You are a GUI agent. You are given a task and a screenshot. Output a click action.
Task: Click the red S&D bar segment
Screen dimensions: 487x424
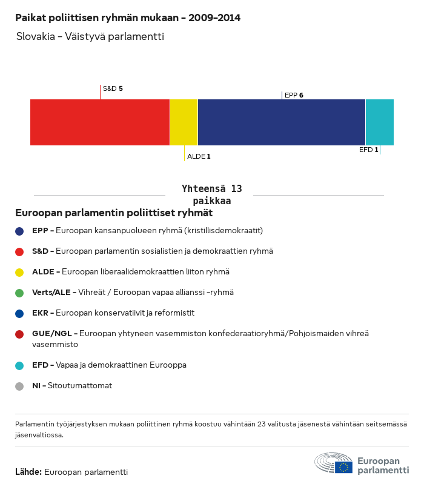tap(100, 122)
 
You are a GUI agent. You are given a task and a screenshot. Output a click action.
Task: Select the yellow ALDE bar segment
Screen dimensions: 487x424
tap(184, 122)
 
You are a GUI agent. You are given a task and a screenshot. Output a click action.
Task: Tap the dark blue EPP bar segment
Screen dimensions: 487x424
tap(282, 122)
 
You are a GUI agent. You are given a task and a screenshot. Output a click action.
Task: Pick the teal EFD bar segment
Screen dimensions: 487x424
tap(380, 122)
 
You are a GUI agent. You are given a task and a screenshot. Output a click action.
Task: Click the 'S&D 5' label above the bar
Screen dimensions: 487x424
tap(113, 88)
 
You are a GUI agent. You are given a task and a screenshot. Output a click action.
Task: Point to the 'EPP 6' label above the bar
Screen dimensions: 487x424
tap(294, 95)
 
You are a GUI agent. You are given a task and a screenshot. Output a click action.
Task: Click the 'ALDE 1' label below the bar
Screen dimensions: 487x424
tap(199, 156)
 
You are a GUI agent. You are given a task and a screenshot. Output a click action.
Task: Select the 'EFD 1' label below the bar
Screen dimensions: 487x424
tap(368, 150)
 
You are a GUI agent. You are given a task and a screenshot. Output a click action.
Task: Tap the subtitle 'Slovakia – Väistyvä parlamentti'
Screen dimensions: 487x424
tap(90, 36)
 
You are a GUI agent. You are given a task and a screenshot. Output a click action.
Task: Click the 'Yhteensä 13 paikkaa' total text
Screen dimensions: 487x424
tap(211, 195)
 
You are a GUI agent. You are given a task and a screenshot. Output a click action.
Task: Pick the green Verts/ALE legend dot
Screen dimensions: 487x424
tap(19, 293)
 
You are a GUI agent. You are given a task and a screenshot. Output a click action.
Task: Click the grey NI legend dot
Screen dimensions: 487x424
tap(19, 386)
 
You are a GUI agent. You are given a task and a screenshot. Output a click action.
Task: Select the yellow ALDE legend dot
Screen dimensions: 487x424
tap(19, 272)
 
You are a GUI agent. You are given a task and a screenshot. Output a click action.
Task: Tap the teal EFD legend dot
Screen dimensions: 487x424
tap(19, 365)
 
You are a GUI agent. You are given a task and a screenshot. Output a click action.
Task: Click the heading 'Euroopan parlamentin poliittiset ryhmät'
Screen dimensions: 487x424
tap(114, 213)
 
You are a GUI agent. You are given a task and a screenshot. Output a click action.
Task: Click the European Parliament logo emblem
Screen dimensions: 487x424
tap(334, 463)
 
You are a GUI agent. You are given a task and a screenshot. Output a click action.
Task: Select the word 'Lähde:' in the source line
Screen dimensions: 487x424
tap(28, 472)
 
